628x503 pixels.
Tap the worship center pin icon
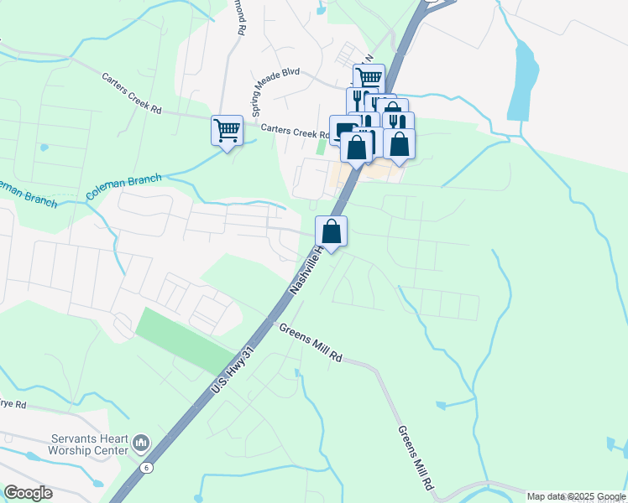click(140, 441)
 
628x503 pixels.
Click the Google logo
click(28, 493)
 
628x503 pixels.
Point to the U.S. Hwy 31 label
click(230, 372)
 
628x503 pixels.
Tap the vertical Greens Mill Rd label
click(415, 457)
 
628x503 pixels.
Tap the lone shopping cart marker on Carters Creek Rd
click(227, 132)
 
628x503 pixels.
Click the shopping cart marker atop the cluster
click(369, 79)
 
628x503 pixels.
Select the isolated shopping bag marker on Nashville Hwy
click(332, 231)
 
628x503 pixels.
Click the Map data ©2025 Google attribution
click(576, 496)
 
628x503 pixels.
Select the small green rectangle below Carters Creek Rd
click(321, 147)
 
